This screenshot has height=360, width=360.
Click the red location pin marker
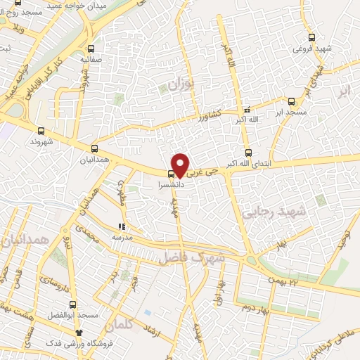[181, 165]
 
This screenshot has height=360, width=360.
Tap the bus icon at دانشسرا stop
[171, 174]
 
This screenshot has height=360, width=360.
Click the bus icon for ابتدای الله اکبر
[248, 153]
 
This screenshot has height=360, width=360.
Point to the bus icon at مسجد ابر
[292, 101]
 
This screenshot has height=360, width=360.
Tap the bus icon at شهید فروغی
[311, 38]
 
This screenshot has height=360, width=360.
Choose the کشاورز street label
[209, 114]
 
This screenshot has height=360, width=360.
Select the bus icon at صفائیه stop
[91, 49]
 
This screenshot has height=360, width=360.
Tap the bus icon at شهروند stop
[41, 131]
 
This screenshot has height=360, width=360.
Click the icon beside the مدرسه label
[121, 227]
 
